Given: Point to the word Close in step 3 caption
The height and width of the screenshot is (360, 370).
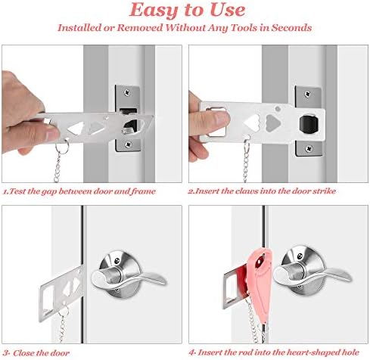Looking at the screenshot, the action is (24, 353).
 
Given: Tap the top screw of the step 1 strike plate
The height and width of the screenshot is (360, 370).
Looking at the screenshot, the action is (127, 93).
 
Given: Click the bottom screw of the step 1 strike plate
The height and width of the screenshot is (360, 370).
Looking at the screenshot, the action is (129, 144).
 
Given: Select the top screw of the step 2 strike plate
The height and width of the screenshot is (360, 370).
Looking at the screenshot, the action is (308, 95).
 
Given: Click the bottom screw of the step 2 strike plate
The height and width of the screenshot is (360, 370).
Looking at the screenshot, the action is (309, 148).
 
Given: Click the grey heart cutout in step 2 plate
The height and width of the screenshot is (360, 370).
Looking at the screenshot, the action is (273, 123).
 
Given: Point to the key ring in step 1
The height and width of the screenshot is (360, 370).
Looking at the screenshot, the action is (63, 146).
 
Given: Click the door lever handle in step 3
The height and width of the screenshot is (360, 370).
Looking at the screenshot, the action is (128, 277).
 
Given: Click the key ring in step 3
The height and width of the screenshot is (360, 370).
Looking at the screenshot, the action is (64, 312).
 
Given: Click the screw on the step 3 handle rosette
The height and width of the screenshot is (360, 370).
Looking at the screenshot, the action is (117, 260).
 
